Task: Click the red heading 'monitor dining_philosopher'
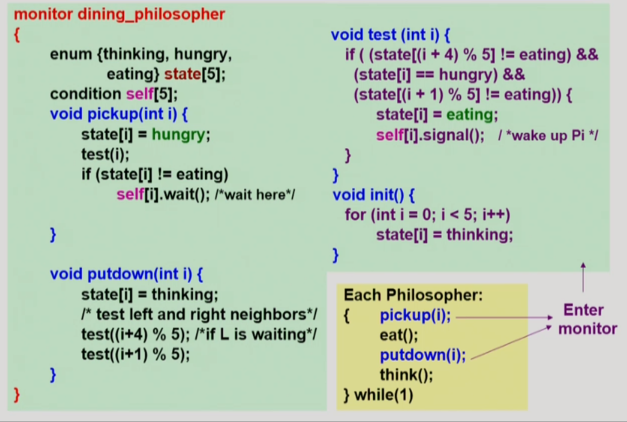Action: pyautogui.click(x=119, y=14)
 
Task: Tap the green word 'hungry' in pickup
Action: pyautogui.click(x=178, y=134)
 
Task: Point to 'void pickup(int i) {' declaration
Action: pyautogui.click(x=118, y=114)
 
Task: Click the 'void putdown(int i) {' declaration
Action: pyautogui.click(x=126, y=274)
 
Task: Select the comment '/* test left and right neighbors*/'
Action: pyautogui.click(x=199, y=315)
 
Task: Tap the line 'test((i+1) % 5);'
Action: pyautogui.click(x=136, y=355)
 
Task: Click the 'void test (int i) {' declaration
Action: pyautogui.click(x=391, y=34)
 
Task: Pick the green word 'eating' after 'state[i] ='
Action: pyautogui.click(x=470, y=115)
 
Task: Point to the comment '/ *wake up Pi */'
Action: pyautogui.click(x=548, y=135)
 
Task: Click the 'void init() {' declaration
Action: pyautogui.click(x=374, y=195)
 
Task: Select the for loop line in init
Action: pyautogui.click(x=427, y=215)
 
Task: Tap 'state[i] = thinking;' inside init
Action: pyautogui.click(x=444, y=235)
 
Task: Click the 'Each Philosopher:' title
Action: pyautogui.click(x=413, y=295)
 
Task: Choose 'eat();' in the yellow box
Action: pyautogui.click(x=399, y=335)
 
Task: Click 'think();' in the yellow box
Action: pyautogui.click(x=406, y=375)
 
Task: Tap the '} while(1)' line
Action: pyautogui.click(x=379, y=395)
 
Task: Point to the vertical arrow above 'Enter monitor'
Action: pyautogui.click(x=583, y=277)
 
